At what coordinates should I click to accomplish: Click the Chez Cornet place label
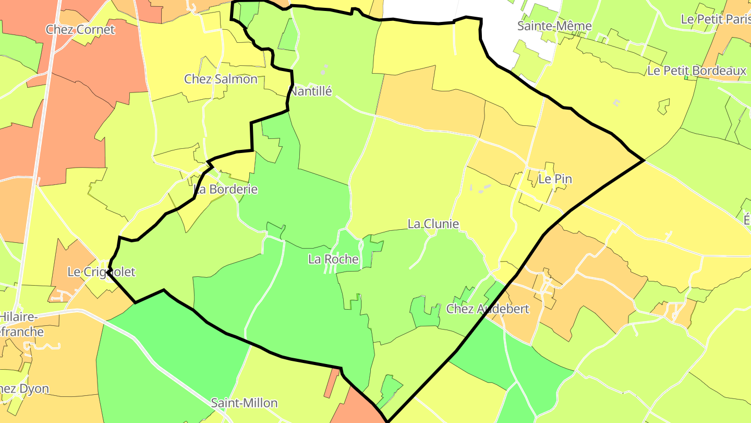80,29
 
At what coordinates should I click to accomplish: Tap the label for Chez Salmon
221,79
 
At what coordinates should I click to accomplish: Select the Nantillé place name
311,91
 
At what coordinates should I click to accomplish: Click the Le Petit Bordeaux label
697,70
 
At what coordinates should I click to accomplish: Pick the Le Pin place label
555,179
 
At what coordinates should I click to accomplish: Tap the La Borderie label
226,189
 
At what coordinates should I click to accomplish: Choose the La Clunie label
433,224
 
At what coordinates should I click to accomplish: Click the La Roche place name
333,259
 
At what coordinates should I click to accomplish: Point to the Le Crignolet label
101,272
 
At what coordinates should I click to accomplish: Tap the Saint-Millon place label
244,403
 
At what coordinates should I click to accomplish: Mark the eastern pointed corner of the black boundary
644,160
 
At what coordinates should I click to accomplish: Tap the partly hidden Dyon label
24,389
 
